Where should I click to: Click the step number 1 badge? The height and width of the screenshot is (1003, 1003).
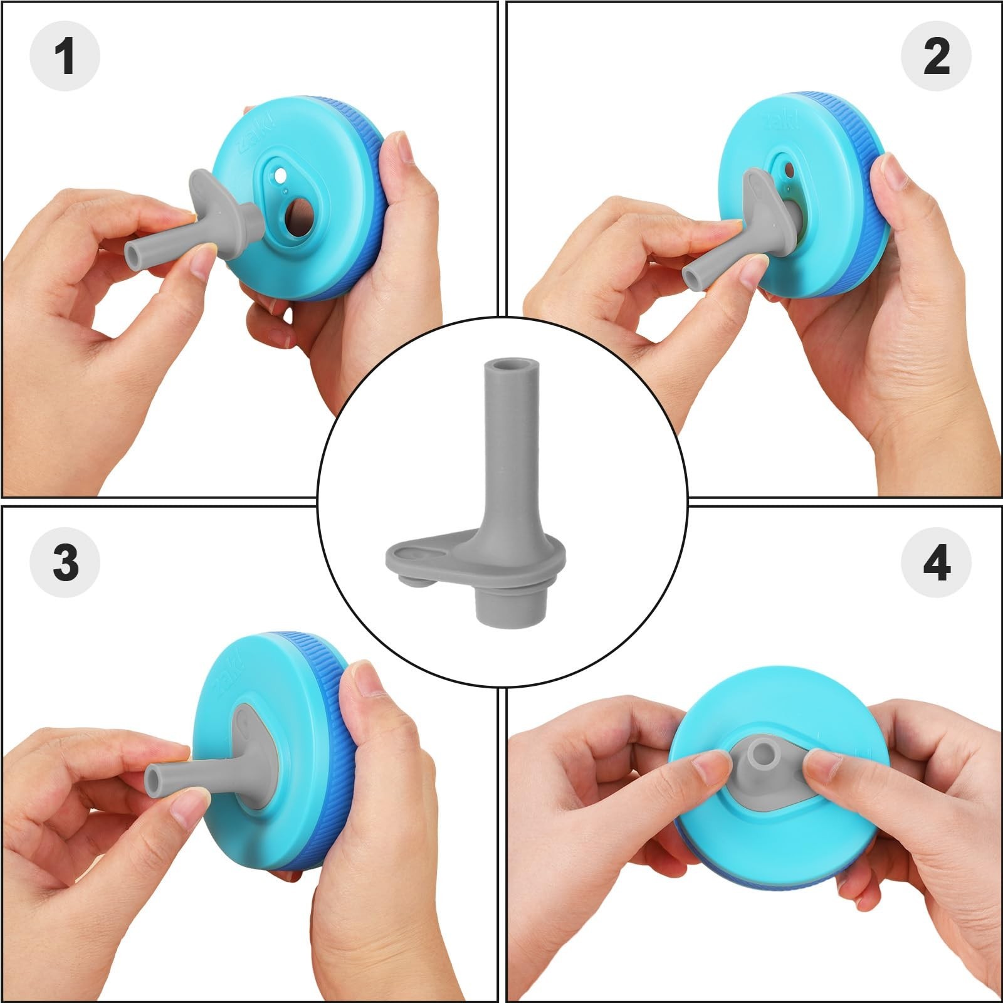coord(65,56)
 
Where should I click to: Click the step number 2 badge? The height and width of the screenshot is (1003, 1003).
coord(936,56)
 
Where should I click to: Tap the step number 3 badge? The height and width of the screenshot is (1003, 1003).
coord(65,561)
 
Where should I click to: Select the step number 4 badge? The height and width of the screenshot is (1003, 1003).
coord(936,561)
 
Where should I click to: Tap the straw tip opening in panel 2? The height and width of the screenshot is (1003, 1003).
coord(690,276)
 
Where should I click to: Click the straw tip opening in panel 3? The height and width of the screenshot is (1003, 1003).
coord(155,780)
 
